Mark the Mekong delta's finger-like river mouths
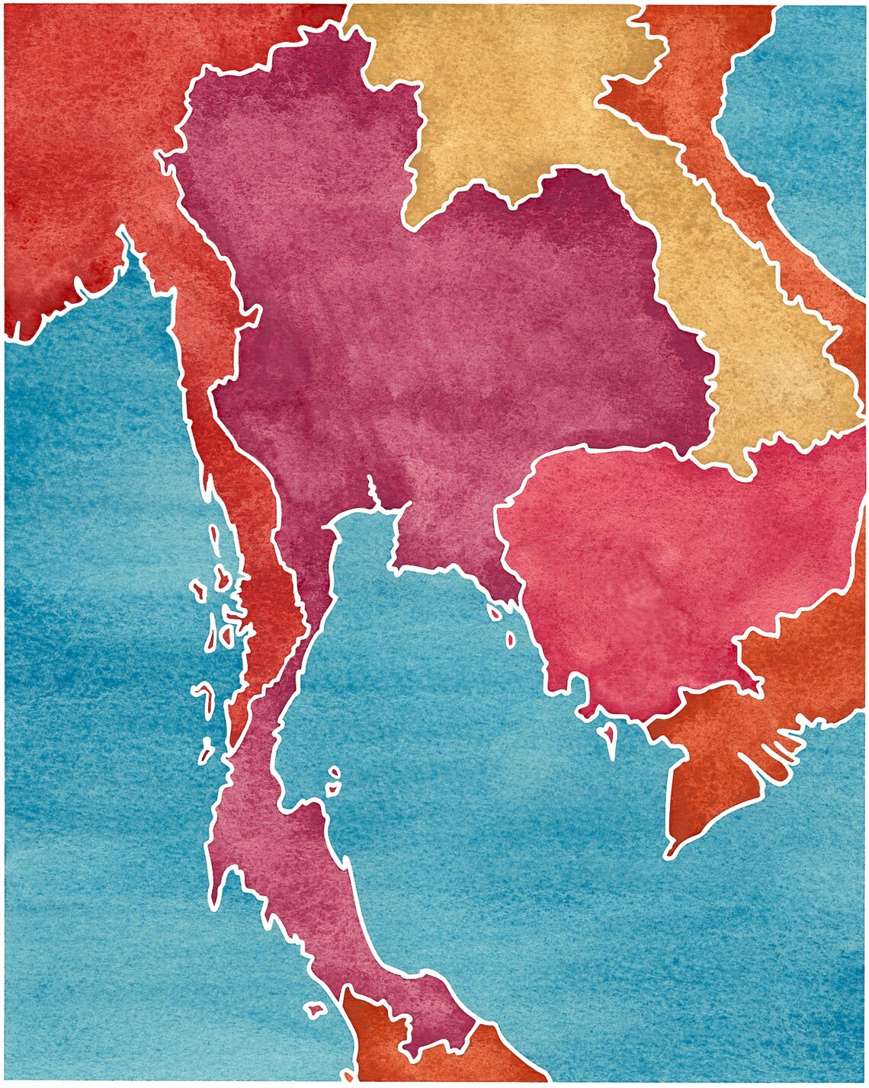click(778, 754)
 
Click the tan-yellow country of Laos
click(534, 99)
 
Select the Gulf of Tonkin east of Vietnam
click(808, 114)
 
